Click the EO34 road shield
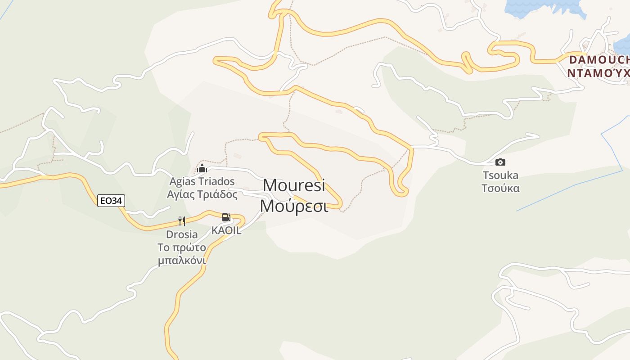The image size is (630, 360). [111, 201]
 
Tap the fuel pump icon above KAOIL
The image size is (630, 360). [226, 218]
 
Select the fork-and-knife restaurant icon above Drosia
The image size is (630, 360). [182, 221]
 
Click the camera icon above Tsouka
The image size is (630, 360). [500, 162]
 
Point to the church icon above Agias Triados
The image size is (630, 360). [202, 168]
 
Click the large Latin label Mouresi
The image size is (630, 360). [294, 185]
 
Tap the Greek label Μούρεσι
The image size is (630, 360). [294, 206]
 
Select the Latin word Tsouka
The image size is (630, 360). [500, 175]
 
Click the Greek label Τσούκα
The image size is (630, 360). [500, 188]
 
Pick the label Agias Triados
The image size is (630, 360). [202, 181]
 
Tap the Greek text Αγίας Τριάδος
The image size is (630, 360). [202, 194]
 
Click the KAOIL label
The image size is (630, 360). [226, 230]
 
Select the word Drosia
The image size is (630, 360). [182, 234]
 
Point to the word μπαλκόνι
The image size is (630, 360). [182, 261]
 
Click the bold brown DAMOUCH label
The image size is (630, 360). [599, 60]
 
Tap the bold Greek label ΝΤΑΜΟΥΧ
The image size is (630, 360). [598, 73]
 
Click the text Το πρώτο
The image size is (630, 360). [182, 247]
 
